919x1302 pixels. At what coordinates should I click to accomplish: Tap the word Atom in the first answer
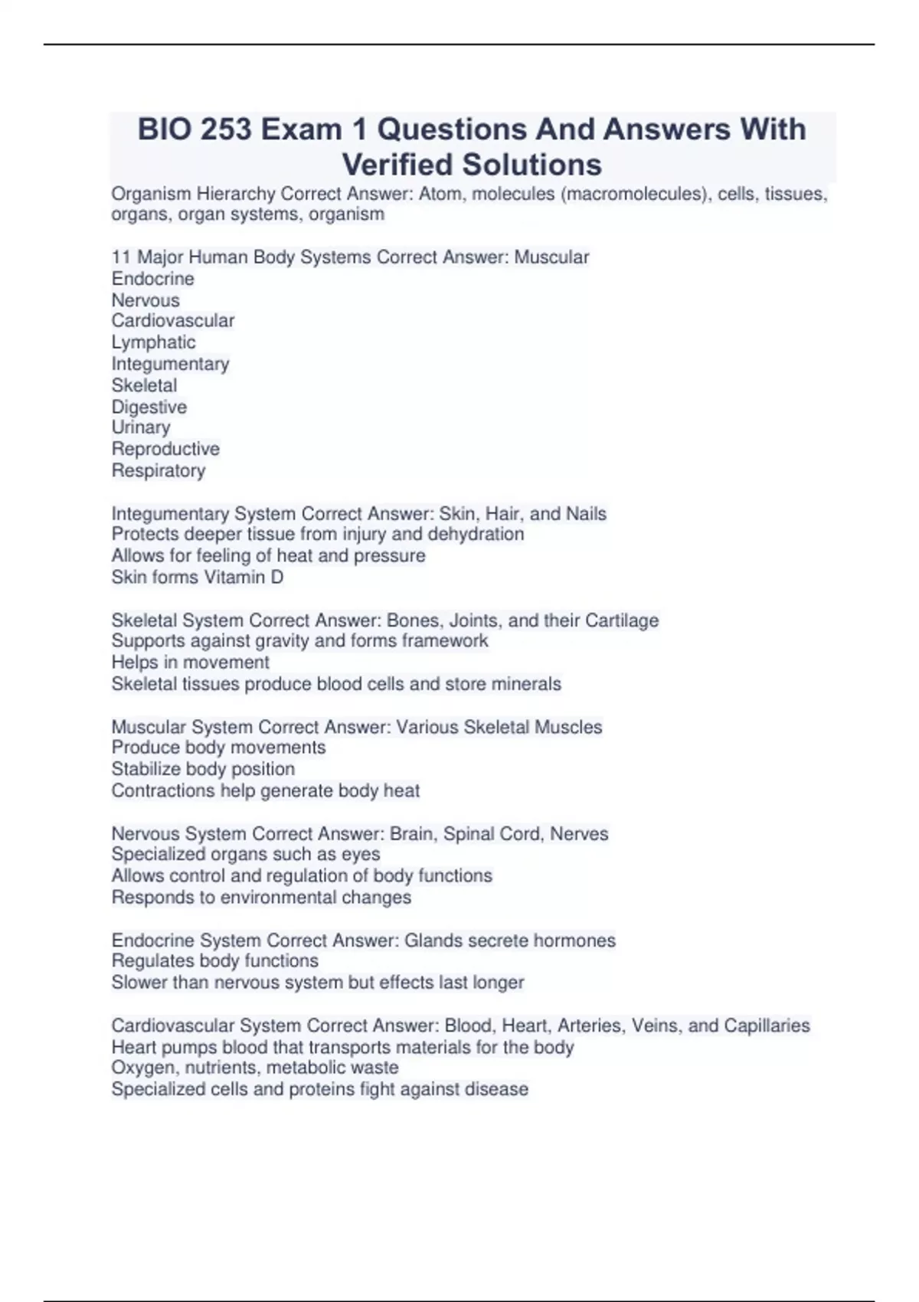click(x=440, y=195)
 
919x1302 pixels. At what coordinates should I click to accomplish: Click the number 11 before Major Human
click(x=121, y=257)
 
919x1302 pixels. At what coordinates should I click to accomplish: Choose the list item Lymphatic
click(x=153, y=342)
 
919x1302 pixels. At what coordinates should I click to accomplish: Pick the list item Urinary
click(x=141, y=427)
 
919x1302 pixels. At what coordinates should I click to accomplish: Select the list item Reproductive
click(x=165, y=449)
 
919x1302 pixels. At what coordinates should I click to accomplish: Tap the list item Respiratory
click(x=159, y=470)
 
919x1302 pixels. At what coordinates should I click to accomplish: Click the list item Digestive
click(x=149, y=407)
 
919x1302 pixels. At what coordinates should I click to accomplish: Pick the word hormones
click(x=576, y=940)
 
